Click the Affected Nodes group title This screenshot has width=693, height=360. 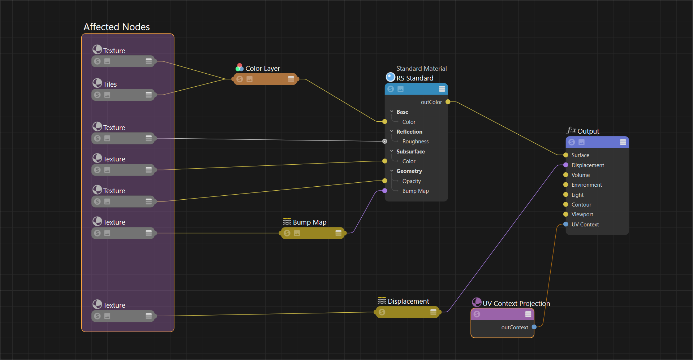(116, 27)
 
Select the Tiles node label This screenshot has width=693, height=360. (110, 84)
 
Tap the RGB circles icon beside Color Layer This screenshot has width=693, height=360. (239, 68)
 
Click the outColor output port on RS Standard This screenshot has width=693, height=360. (448, 102)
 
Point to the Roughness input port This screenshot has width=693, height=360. (385, 141)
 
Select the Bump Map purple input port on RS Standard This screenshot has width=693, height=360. (385, 191)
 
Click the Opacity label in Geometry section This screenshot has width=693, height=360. (412, 181)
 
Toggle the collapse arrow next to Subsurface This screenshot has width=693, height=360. (392, 151)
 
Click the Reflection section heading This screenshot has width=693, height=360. (409, 132)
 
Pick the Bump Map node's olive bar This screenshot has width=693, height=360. (313, 233)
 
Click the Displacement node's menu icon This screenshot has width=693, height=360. (433, 312)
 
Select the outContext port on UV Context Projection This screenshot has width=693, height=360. (534, 327)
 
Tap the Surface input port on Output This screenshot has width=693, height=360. (566, 155)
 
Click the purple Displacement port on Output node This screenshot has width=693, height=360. (566, 165)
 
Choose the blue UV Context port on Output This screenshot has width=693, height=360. (566, 224)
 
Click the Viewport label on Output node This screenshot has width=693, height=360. (582, 214)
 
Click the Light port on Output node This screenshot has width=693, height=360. (566, 195)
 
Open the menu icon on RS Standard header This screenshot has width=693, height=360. (442, 89)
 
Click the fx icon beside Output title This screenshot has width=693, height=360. (571, 130)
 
